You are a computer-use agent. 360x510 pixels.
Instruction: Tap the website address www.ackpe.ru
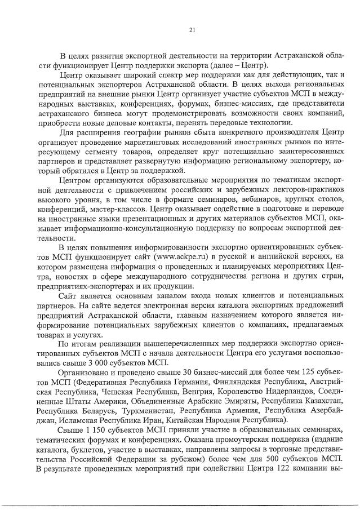176,258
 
